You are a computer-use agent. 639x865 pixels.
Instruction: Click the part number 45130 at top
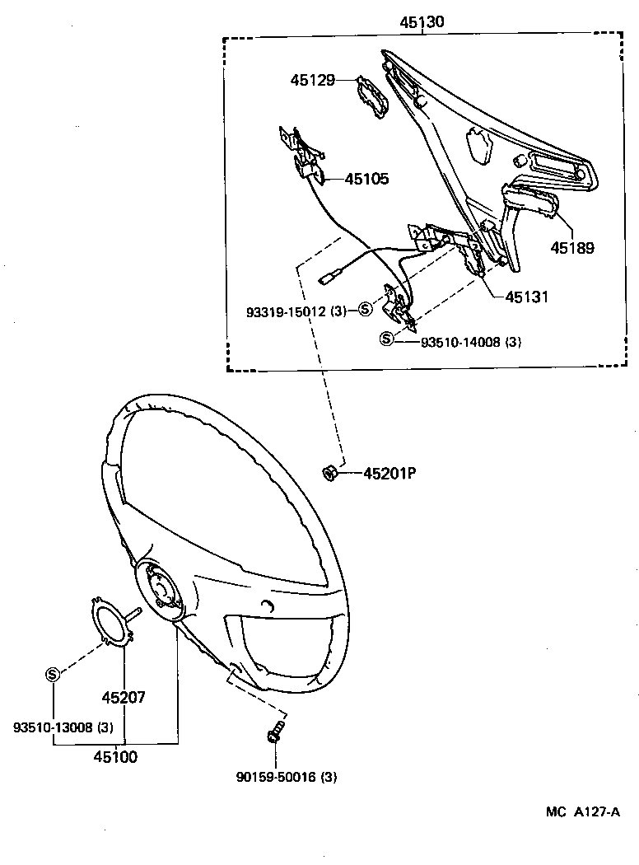[422, 23]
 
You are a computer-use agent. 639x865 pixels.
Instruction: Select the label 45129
[312, 80]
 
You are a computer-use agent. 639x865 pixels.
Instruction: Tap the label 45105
[366, 179]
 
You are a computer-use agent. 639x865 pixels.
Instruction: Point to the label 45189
[572, 247]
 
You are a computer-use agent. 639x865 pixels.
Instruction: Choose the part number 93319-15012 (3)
[296, 311]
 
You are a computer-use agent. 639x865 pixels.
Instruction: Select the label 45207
[124, 697]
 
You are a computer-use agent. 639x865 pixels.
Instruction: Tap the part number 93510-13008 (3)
[63, 727]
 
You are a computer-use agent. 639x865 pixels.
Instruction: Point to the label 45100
[115, 757]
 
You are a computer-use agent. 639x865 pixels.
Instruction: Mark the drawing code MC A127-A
[581, 811]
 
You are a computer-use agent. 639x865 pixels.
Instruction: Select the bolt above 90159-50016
[276, 731]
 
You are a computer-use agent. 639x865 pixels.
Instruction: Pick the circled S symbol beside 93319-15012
[366, 310]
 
